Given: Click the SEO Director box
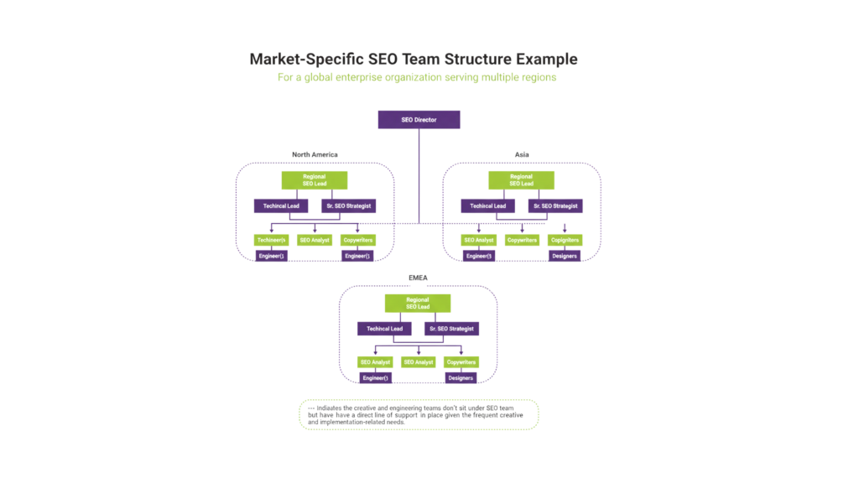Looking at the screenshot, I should click(x=419, y=120).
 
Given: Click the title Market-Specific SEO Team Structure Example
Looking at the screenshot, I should click(x=414, y=60).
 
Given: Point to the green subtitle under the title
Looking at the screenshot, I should click(x=418, y=77).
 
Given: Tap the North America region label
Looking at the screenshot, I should click(x=314, y=154).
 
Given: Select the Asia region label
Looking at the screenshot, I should click(x=522, y=154).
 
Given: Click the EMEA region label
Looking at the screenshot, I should click(x=418, y=277).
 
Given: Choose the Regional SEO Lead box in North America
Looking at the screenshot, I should click(x=314, y=180).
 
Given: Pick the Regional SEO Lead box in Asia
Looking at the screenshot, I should click(x=521, y=180).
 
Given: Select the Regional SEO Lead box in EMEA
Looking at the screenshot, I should click(x=417, y=303).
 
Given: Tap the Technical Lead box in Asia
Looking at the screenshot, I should click(x=487, y=205).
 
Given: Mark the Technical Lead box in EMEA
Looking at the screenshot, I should click(x=384, y=329).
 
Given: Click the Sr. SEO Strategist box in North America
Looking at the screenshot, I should click(x=347, y=205).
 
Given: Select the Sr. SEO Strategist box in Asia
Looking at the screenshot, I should click(x=554, y=205).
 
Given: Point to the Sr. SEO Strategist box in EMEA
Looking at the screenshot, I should click(x=451, y=329).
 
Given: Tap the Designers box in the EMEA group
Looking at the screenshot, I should click(x=461, y=378).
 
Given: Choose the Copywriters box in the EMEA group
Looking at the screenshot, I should click(x=461, y=362).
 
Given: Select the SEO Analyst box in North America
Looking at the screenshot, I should click(x=314, y=240).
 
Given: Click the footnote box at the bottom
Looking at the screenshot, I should click(x=418, y=414).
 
